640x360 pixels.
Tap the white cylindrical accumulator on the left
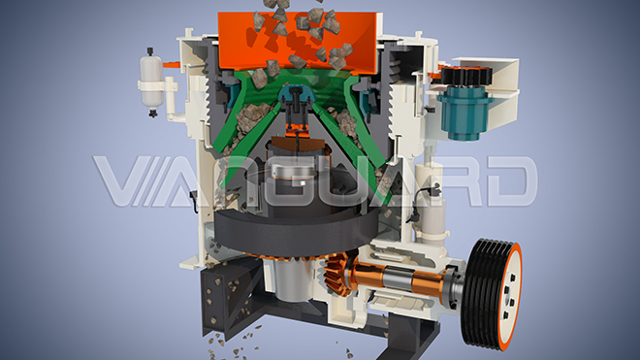pos(151,82)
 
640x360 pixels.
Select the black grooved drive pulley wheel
pos(490,293)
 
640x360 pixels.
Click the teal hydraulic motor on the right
pos(464,113)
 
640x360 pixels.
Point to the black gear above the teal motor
pos(465,77)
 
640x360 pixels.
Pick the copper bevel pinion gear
pos(338,273)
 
